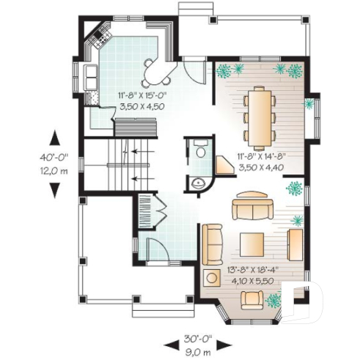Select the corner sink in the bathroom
coord(196,183)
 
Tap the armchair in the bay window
coord(253,297)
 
